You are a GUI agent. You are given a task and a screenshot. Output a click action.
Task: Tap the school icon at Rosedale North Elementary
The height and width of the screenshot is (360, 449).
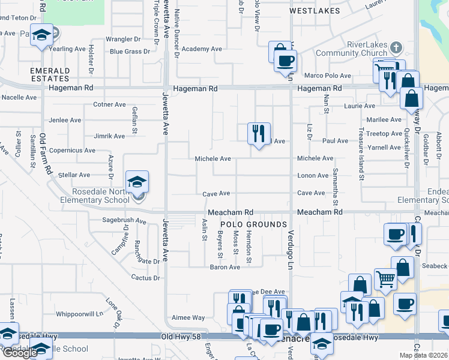(137, 182)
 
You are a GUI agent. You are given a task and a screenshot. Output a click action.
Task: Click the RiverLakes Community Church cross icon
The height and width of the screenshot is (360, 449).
(396, 47)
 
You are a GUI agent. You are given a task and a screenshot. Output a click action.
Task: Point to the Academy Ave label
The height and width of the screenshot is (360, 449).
(202, 49)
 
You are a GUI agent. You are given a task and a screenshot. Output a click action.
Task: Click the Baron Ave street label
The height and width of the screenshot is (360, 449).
(224, 267)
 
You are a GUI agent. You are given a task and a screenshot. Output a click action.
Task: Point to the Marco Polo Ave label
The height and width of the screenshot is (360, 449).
(327, 76)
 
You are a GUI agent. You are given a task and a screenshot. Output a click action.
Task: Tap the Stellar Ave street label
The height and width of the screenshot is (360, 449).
(74, 175)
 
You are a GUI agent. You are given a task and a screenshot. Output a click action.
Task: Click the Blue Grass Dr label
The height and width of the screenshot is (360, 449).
(130, 52)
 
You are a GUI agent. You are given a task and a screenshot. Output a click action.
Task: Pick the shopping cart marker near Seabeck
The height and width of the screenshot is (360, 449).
(385, 278)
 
